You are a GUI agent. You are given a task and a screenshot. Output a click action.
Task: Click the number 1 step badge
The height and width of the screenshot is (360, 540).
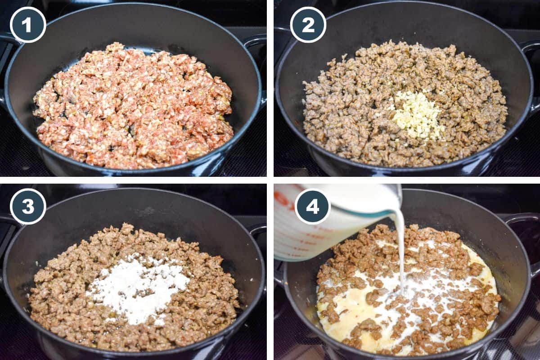pyautogui.click(x=28, y=25)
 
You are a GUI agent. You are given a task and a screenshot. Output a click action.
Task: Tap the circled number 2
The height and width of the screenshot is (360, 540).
pyautogui.click(x=308, y=25)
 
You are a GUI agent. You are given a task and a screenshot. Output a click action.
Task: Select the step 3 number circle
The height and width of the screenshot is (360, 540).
pyautogui.click(x=28, y=207)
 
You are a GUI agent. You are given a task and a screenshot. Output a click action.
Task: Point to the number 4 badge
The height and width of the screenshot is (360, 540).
pyautogui.click(x=312, y=207)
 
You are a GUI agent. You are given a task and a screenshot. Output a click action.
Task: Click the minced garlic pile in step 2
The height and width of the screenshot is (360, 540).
pyautogui.click(x=418, y=114)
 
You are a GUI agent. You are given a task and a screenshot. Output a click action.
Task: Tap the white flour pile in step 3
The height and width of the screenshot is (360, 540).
pyautogui.click(x=137, y=288)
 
